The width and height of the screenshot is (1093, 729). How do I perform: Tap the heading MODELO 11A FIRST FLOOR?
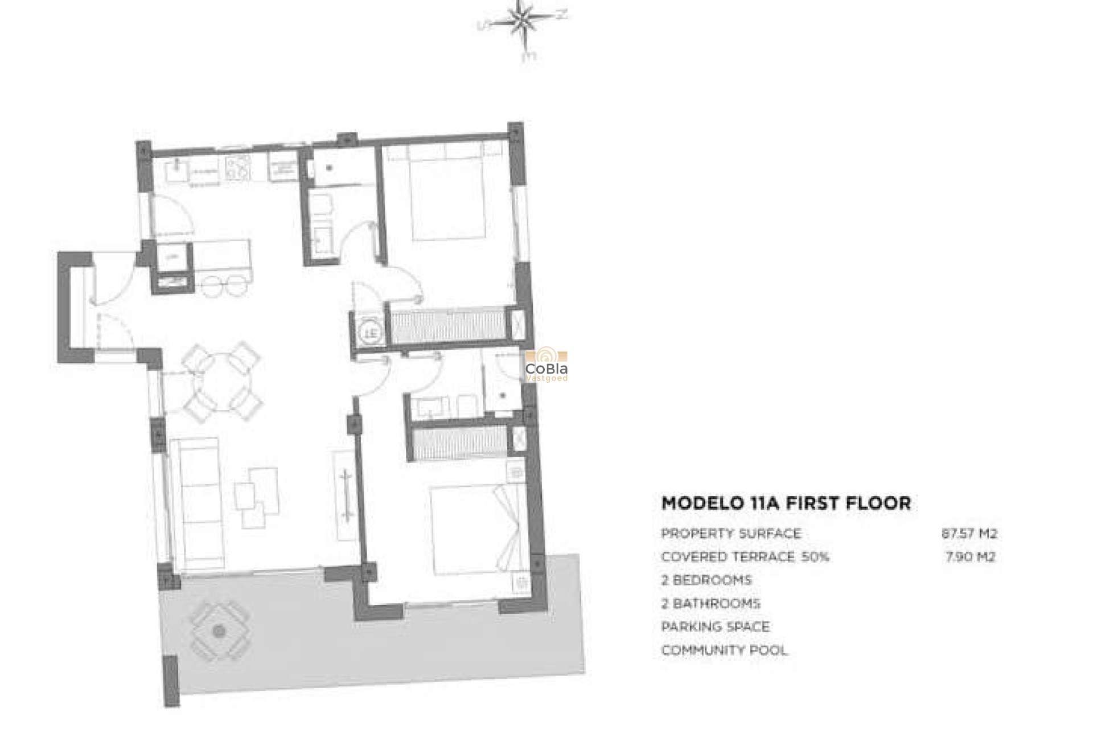click(786, 503)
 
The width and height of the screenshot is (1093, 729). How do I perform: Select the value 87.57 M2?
click(969, 534)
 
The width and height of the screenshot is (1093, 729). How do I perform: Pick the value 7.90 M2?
click(970, 556)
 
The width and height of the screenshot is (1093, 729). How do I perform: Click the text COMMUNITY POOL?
click(724, 650)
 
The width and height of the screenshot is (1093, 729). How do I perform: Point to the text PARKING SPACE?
click(715, 626)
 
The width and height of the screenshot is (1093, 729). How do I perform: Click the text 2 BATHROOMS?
click(710, 603)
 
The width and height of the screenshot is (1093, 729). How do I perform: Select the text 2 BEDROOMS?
click(706, 580)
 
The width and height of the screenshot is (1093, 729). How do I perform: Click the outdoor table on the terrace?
click(219, 630)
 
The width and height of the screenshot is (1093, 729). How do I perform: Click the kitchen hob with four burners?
click(238, 167)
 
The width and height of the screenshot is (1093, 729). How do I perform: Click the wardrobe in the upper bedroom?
click(449, 325)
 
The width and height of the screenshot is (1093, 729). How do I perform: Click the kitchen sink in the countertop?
click(177, 170)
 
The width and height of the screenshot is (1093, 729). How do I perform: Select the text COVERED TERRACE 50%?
click(745, 556)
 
